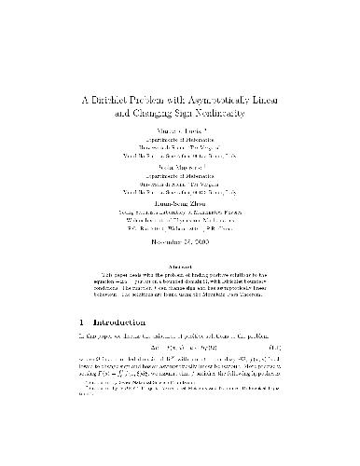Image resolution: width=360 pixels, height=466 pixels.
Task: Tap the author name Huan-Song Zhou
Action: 179,224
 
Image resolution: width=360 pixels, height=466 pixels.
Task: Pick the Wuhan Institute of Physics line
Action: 179,242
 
